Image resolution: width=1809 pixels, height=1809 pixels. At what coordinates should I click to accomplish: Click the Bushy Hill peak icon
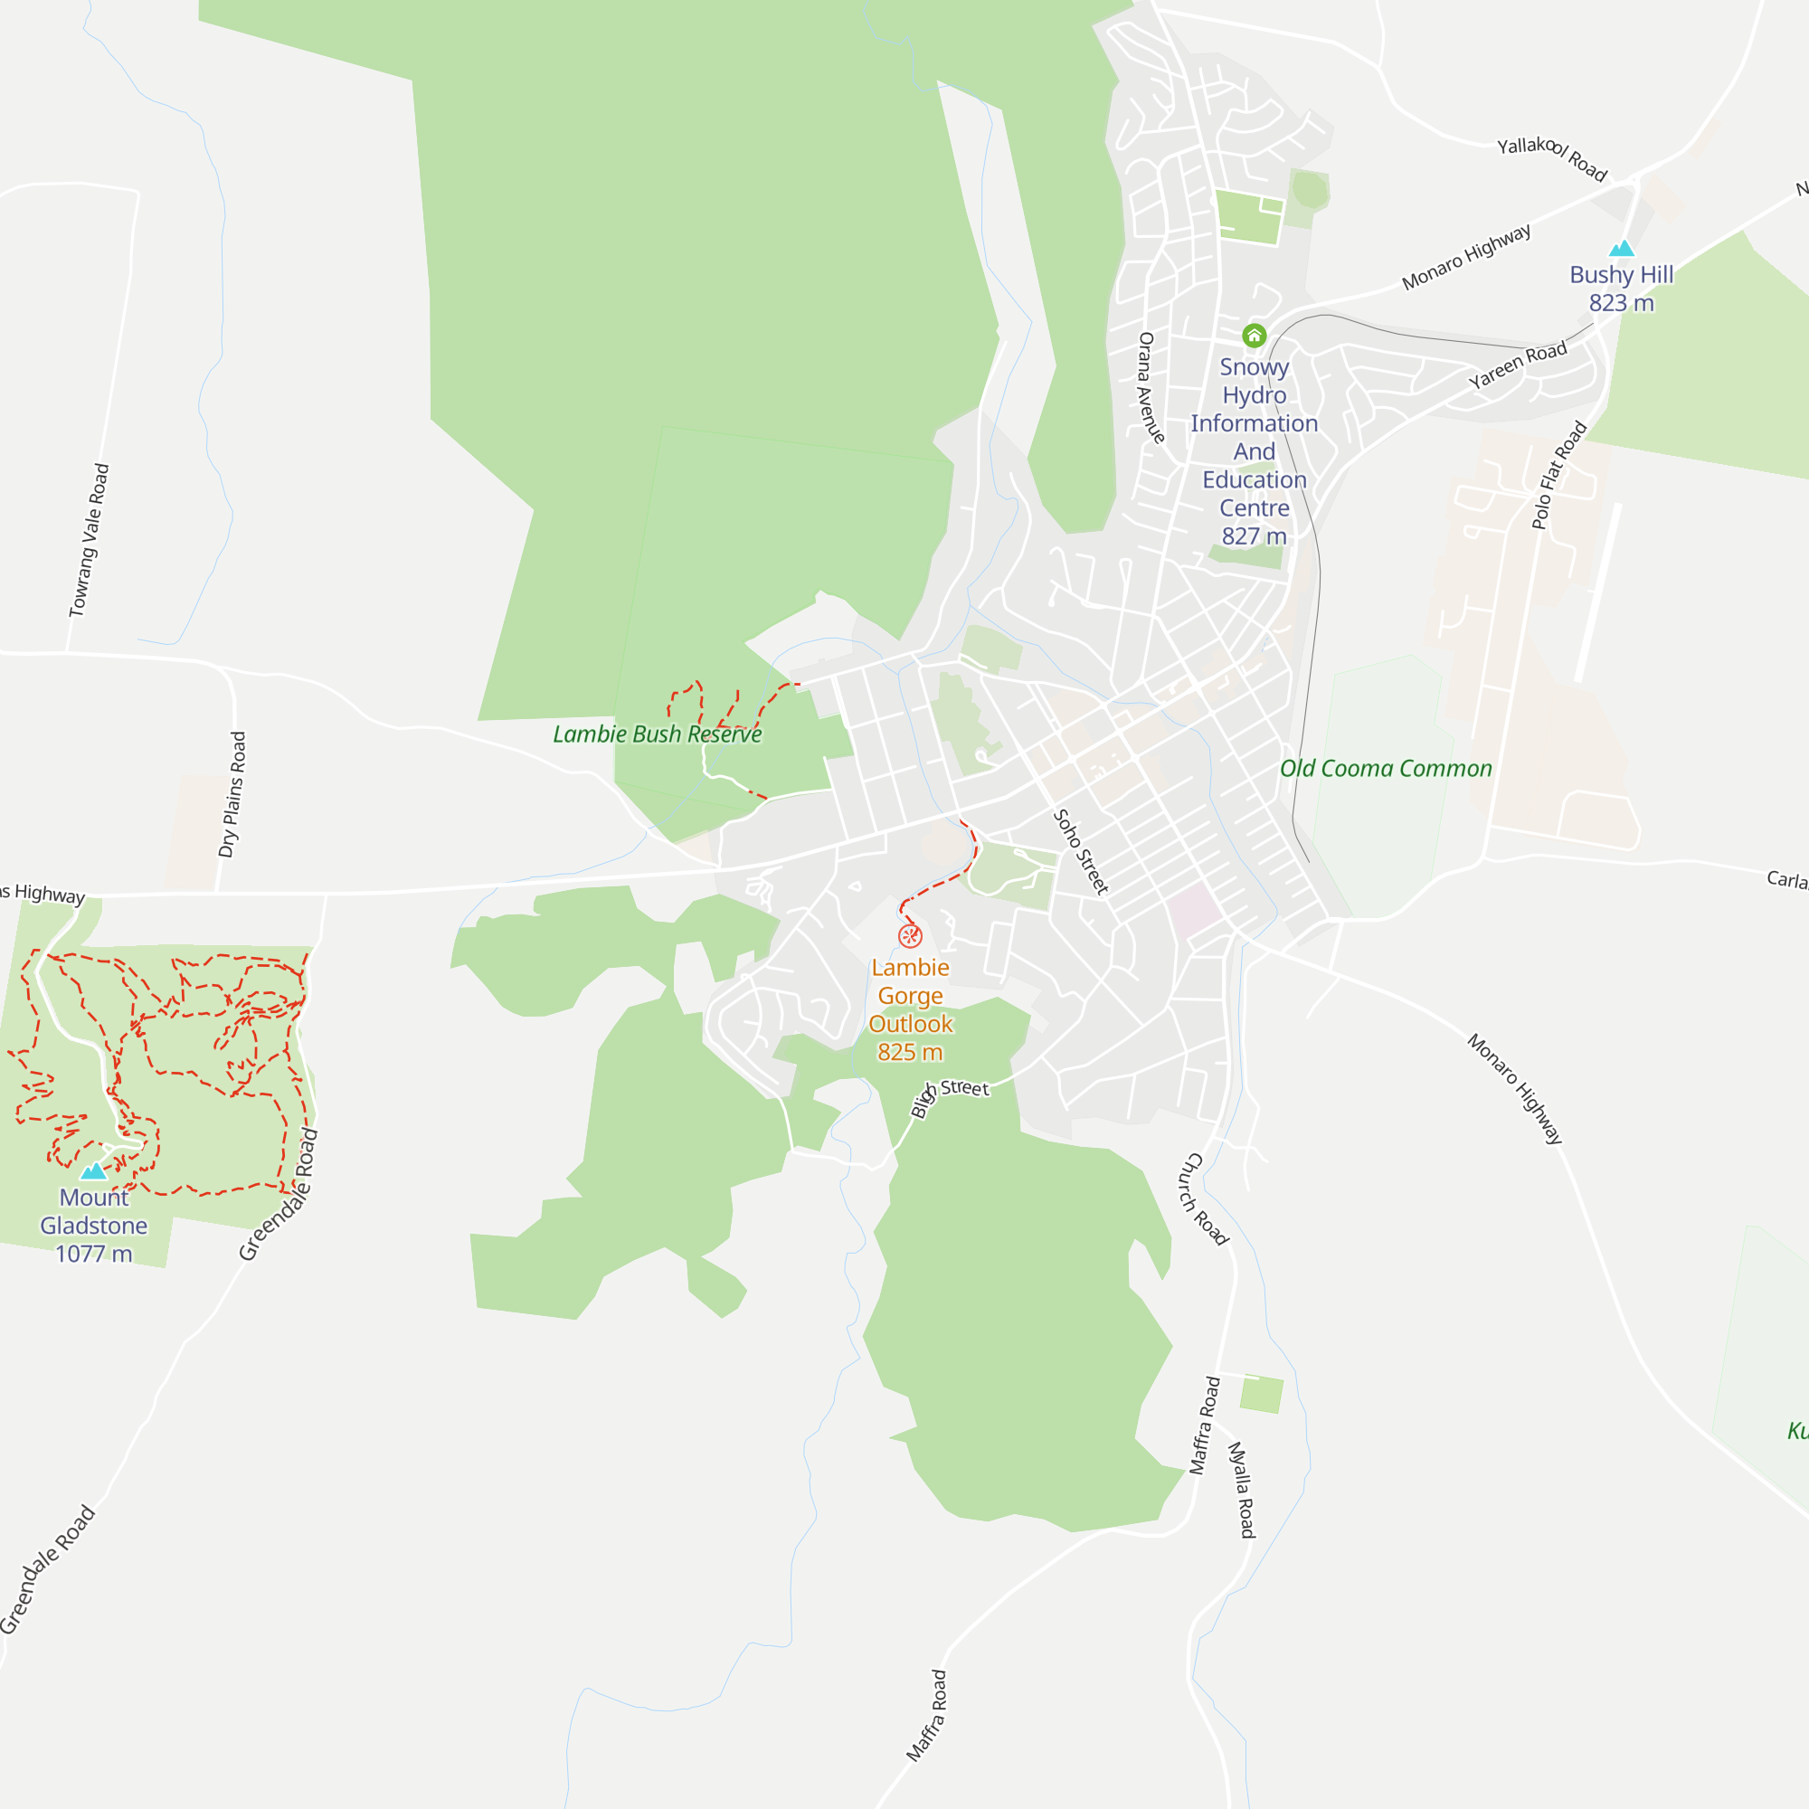(1622, 248)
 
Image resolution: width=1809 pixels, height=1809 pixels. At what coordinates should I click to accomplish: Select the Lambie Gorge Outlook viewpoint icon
(910, 936)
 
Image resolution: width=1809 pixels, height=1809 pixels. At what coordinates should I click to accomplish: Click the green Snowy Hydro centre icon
(1254, 336)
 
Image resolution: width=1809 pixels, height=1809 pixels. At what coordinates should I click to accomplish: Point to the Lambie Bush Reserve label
(658, 734)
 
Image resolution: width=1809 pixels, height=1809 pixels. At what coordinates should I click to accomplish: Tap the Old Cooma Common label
(1386, 769)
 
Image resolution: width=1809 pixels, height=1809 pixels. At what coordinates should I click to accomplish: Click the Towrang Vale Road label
(90, 540)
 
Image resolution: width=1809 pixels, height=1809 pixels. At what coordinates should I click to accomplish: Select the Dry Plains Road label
(232, 794)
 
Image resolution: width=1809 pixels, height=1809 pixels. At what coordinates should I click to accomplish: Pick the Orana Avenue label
(1151, 388)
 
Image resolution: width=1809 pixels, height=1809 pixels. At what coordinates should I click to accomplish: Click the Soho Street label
(1081, 851)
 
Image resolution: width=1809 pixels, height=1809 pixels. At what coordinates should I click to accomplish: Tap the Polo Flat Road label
(1559, 475)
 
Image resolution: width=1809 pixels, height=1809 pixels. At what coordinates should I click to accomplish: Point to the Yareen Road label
(1518, 365)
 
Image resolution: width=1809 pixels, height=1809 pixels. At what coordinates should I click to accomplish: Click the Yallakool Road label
(1551, 158)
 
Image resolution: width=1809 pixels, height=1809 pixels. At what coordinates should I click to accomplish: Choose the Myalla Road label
(1242, 1490)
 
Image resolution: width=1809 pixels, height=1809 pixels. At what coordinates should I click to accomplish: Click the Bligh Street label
(950, 1094)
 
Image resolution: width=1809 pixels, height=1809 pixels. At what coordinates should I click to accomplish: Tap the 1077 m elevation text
(94, 1254)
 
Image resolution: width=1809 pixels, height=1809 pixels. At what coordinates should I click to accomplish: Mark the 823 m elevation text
(1621, 303)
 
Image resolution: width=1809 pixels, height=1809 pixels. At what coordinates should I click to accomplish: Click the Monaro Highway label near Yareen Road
(1466, 257)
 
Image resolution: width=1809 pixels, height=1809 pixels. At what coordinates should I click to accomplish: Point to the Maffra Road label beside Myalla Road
(1205, 1425)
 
